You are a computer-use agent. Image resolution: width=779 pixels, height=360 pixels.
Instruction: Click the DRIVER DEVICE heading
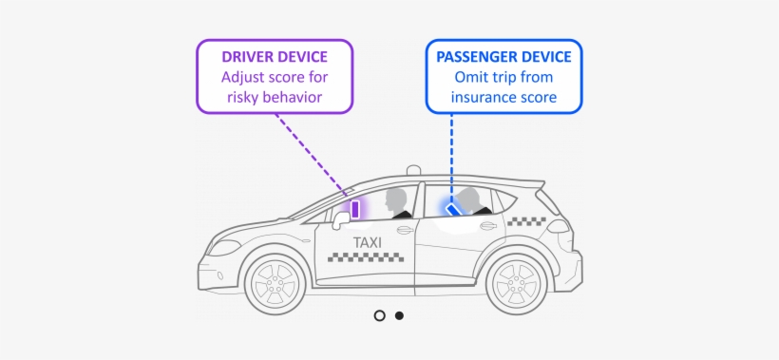pyautogui.click(x=275, y=57)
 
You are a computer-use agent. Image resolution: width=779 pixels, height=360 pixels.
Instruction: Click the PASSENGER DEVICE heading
pyautogui.click(x=503, y=57)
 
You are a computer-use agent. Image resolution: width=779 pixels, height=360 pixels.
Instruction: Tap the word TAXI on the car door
pyautogui.click(x=368, y=242)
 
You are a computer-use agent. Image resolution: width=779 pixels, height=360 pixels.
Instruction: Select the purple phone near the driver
pyautogui.click(x=355, y=209)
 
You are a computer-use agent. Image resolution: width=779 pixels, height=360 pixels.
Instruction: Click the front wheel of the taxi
pyautogui.click(x=275, y=281)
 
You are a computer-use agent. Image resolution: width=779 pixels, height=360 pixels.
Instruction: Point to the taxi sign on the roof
pyautogui.click(x=412, y=170)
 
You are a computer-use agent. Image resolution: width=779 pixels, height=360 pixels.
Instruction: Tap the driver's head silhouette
pyautogui.click(x=396, y=199)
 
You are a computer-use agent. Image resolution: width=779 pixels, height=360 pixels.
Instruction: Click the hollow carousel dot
pyautogui.click(x=379, y=315)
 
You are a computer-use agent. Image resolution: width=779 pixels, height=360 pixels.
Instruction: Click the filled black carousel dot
pyautogui.click(x=399, y=315)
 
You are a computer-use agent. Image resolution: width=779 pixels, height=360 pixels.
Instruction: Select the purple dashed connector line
pyautogui.click(x=309, y=152)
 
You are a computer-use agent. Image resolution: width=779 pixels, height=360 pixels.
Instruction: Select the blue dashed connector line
pyautogui.click(x=451, y=152)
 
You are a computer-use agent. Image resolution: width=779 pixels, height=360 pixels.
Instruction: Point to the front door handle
pyautogui.click(x=404, y=230)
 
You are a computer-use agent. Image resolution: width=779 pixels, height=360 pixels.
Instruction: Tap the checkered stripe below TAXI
pyautogui.click(x=368, y=257)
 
